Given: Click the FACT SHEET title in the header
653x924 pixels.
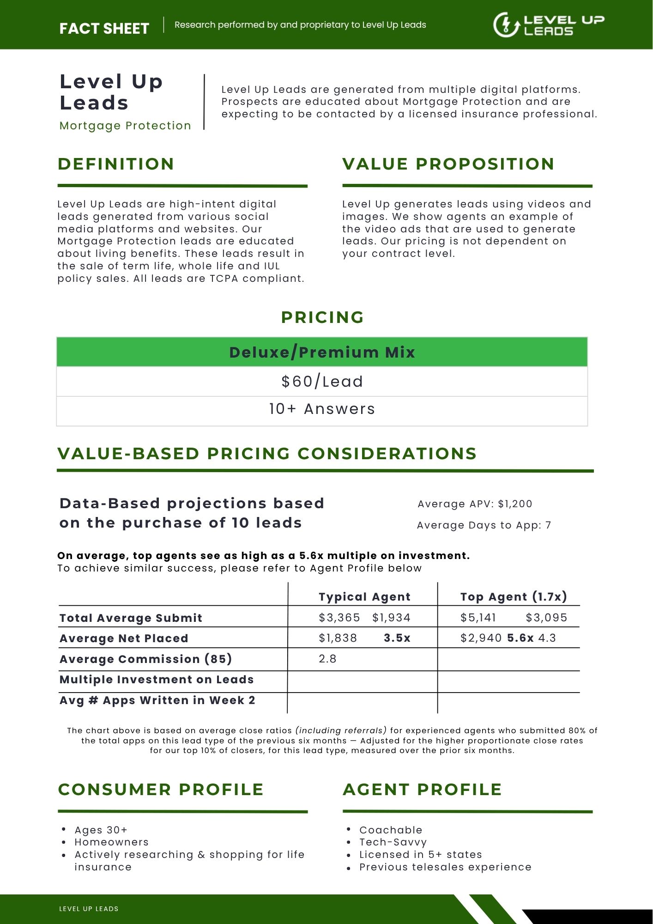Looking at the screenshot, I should (x=104, y=29).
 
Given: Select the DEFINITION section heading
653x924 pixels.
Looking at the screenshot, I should (x=116, y=164).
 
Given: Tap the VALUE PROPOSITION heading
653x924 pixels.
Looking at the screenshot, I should (x=448, y=164).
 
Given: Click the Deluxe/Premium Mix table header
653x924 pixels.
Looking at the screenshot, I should (x=322, y=353).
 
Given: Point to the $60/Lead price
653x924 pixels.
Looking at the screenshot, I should (x=322, y=382).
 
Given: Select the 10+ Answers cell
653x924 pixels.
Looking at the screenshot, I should (x=322, y=409).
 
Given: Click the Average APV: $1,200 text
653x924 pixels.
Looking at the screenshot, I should (x=475, y=504).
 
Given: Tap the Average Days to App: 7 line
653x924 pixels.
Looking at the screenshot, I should (x=484, y=525).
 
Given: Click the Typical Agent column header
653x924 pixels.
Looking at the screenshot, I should (x=364, y=597).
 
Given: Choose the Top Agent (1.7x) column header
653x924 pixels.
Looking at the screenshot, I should (x=514, y=597).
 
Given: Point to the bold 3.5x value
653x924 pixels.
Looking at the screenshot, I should (x=397, y=638).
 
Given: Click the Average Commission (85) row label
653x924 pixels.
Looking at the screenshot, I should (x=145, y=659).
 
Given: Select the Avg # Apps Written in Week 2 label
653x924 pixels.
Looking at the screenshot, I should (x=157, y=700).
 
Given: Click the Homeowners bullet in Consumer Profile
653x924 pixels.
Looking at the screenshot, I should (x=111, y=842).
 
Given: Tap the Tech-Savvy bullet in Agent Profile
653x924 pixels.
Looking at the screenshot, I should (x=393, y=842).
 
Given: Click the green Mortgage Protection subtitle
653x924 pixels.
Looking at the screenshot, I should (x=125, y=126).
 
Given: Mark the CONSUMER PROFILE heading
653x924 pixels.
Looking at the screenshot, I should (x=161, y=790).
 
